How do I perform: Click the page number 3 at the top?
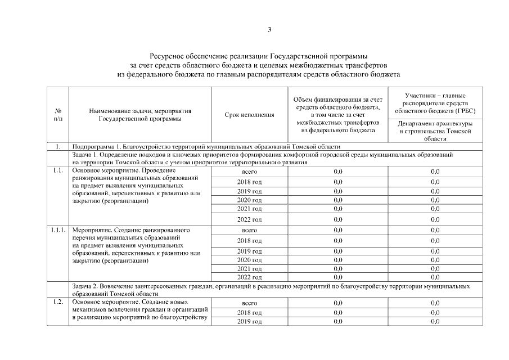(x=269, y=30)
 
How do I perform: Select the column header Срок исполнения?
(x=249, y=115)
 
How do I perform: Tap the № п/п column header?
(x=58, y=115)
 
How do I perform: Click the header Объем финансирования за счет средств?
(x=337, y=115)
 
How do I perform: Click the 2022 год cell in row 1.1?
(x=249, y=219)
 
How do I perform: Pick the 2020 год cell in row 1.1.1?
(x=249, y=260)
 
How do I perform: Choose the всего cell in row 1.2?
(x=249, y=303)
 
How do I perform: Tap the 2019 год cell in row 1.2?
(x=249, y=321)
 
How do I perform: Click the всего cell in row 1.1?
(x=249, y=171)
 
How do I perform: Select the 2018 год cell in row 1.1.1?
(x=249, y=241)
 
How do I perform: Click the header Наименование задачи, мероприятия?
(x=141, y=115)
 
